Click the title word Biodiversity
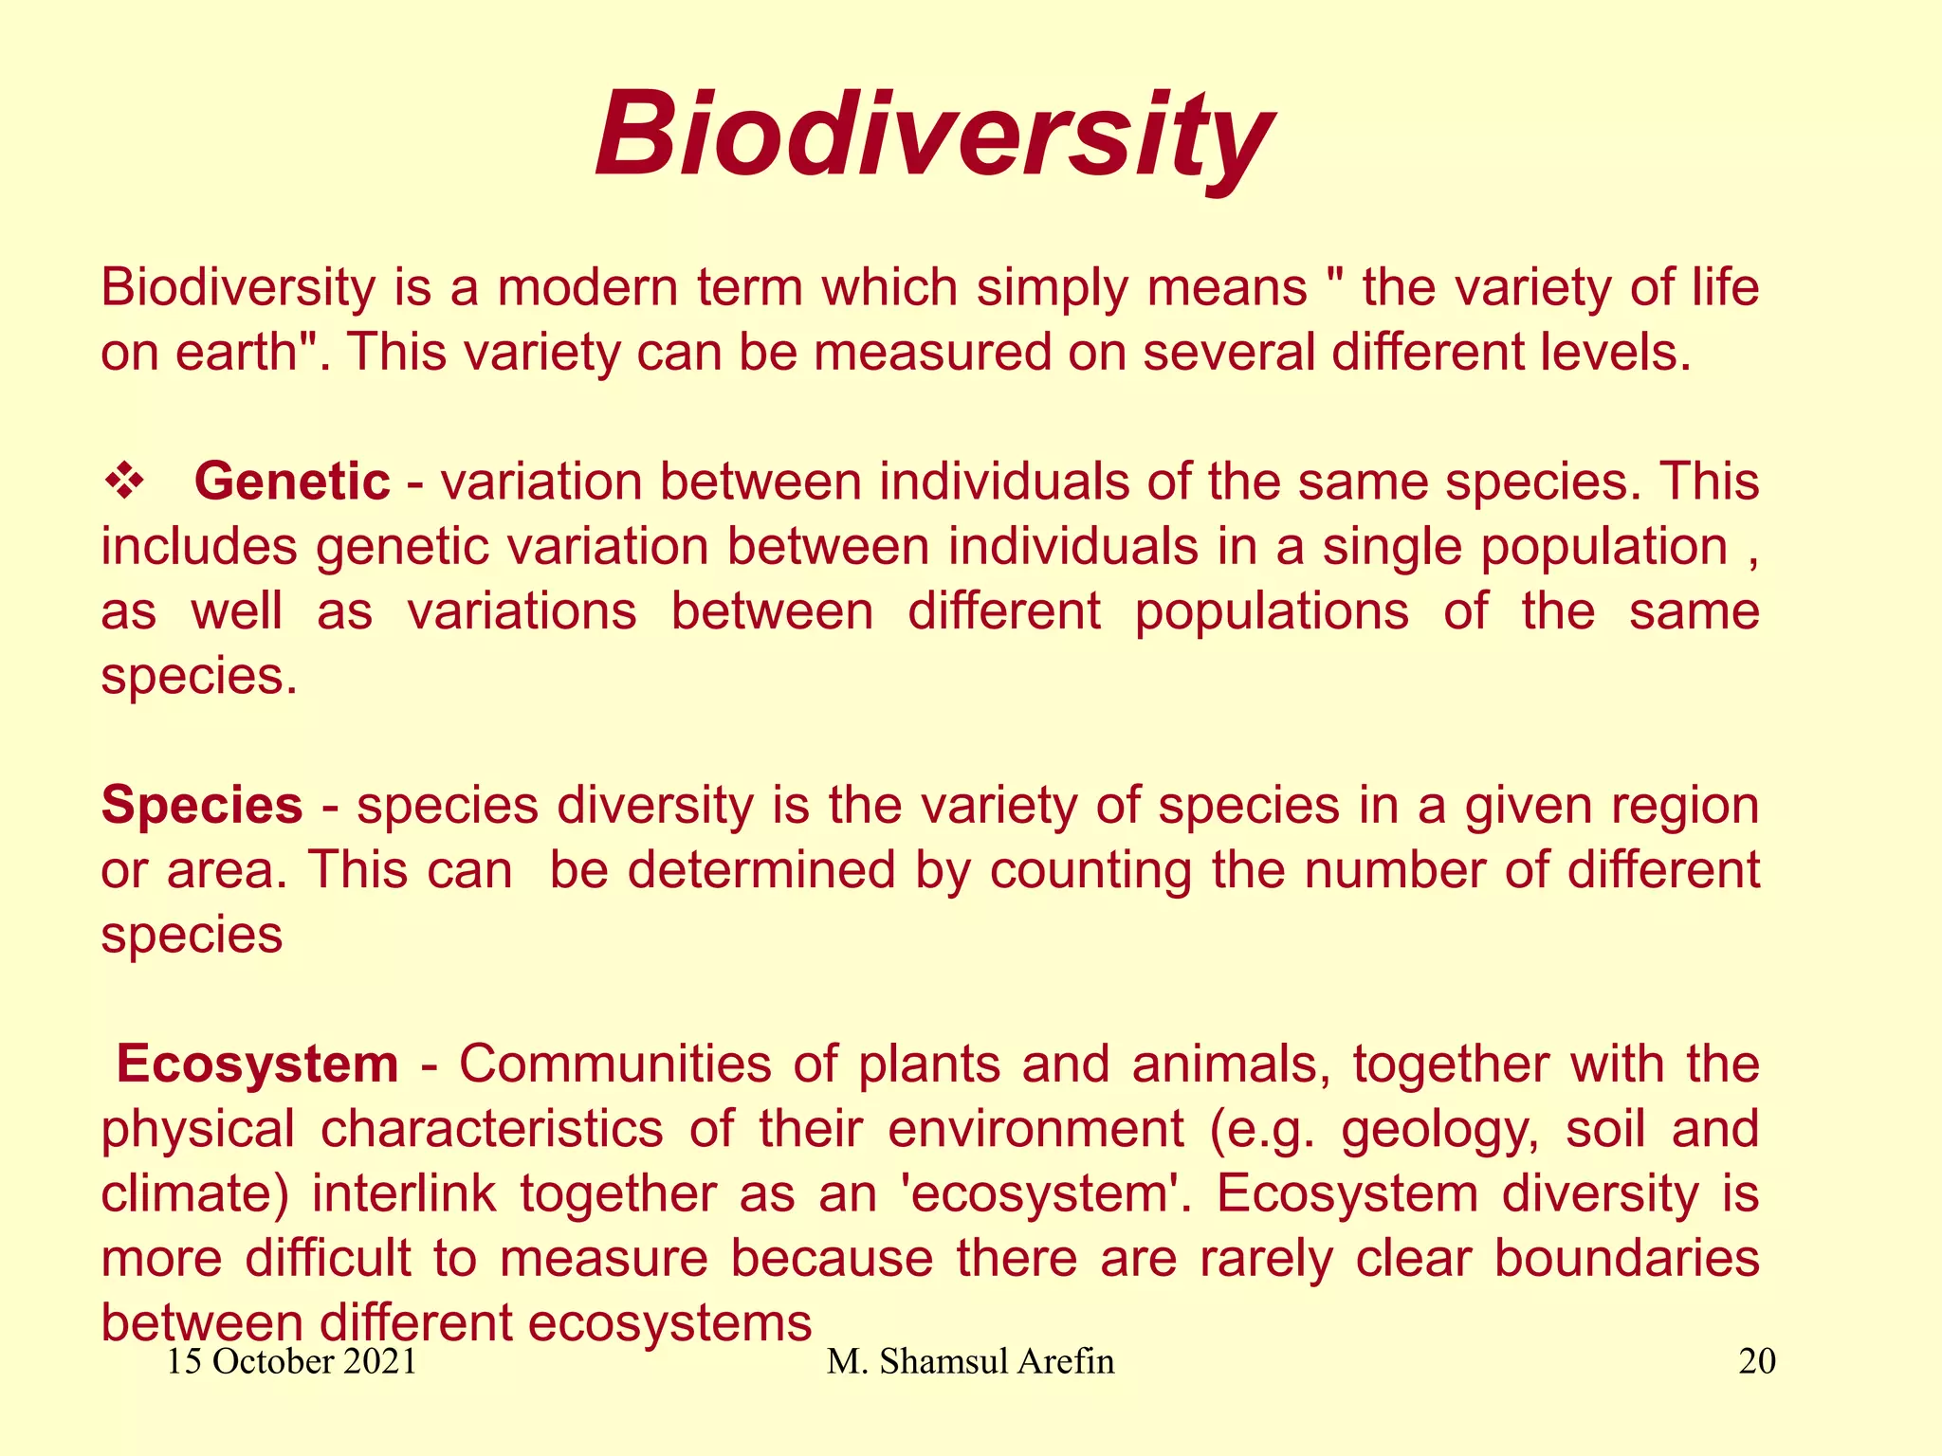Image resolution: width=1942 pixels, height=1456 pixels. [934, 136]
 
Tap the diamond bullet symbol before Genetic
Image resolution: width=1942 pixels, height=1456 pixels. [123, 482]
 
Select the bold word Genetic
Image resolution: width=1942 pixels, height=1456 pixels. [292, 482]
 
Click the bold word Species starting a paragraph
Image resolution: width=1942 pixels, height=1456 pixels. [202, 806]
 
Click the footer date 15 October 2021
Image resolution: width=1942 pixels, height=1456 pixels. [292, 1361]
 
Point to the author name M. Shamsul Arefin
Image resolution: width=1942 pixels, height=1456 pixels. [970, 1361]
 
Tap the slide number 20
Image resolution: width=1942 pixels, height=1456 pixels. [1756, 1361]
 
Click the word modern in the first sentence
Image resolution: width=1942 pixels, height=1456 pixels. [587, 288]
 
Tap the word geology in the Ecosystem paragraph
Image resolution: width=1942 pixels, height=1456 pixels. [1439, 1130]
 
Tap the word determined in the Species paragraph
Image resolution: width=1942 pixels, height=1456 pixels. [761, 870]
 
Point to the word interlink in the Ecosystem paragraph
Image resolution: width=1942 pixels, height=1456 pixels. [404, 1194]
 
